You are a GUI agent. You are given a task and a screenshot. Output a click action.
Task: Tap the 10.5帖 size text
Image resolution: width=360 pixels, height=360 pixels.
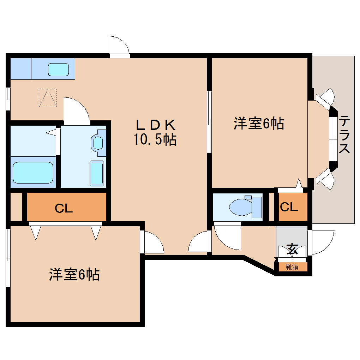coord(155,140)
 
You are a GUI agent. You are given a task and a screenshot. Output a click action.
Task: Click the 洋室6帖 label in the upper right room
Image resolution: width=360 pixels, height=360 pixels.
coord(258,124)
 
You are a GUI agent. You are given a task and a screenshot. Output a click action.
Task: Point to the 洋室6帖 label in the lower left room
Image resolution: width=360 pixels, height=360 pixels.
coord(74,275)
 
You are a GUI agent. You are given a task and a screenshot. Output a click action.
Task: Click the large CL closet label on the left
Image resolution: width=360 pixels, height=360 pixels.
coord(64,209)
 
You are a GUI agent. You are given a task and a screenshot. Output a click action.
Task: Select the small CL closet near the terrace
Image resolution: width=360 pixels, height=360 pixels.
coord(289,207)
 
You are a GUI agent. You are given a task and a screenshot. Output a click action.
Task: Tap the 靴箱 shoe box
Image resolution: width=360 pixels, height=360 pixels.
coord(292,267)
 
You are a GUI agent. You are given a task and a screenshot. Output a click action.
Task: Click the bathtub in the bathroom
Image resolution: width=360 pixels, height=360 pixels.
coord(33,173)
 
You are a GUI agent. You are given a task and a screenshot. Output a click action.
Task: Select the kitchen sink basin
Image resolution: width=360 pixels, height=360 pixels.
coord(58,70)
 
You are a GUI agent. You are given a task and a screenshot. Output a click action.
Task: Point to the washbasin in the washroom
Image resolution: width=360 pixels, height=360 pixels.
coord(98,143)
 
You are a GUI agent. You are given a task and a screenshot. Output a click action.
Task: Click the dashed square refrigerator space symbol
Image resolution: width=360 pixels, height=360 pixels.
coord(48,98)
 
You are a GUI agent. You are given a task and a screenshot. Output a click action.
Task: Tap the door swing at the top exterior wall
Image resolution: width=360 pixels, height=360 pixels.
coord(119,47)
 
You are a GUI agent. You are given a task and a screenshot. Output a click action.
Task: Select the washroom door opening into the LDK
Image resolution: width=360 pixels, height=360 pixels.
coord(76,110)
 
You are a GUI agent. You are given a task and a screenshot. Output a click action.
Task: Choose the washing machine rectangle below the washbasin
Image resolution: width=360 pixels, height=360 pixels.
coord(96,173)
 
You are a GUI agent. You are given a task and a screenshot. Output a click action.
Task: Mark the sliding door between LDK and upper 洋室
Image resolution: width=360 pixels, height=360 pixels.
coord(209,122)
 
